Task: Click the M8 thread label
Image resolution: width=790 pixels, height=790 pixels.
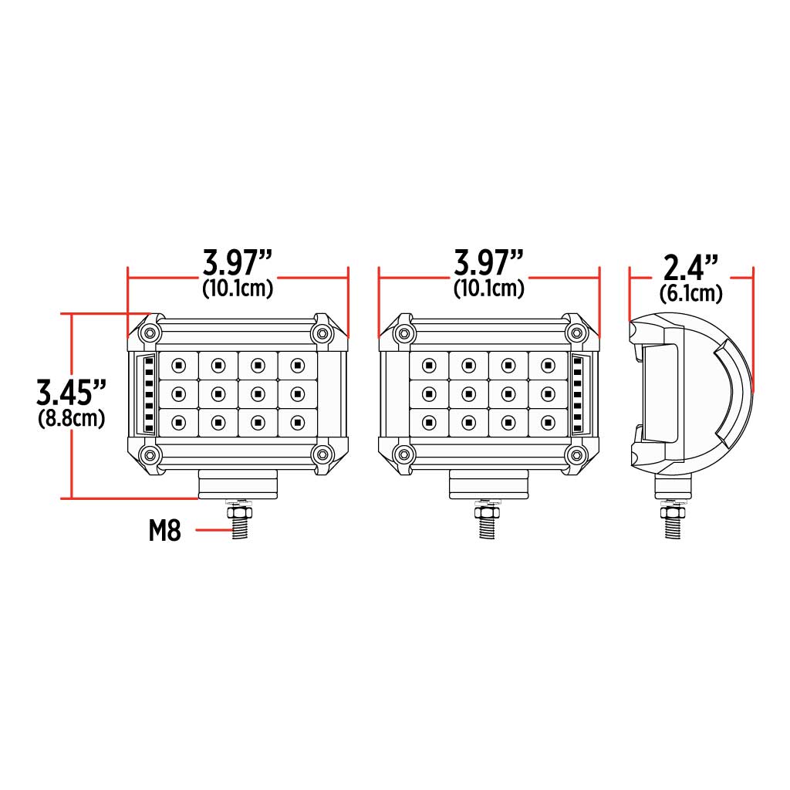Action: [x=165, y=531]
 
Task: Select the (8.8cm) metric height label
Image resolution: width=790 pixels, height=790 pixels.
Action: [x=72, y=419]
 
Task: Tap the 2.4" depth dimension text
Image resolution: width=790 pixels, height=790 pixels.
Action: [x=691, y=269]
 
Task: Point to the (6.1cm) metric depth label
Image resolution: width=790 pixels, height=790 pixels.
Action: [x=691, y=294]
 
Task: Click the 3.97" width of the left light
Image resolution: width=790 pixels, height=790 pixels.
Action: [x=238, y=264]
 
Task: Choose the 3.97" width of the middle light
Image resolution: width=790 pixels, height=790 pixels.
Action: [x=489, y=264]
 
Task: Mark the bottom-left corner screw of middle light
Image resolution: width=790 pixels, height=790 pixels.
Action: [x=402, y=454]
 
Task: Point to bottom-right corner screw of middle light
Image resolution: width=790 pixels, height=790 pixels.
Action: [x=575, y=454]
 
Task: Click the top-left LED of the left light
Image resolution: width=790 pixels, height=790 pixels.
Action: [x=178, y=365]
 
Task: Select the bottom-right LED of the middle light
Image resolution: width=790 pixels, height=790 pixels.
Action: [x=548, y=421]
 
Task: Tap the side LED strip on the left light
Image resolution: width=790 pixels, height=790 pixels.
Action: [x=148, y=393]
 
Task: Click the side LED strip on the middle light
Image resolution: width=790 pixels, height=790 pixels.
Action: [x=579, y=393]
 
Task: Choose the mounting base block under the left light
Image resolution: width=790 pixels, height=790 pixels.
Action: [x=238, y=484]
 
